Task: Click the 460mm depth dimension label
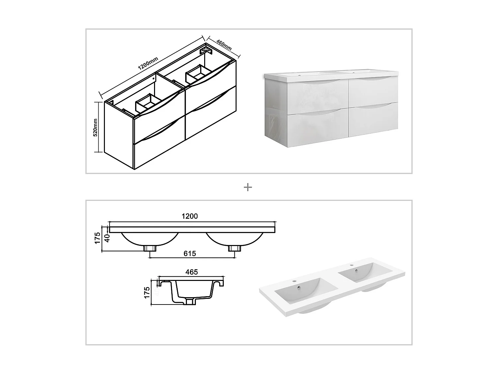coord(223,45)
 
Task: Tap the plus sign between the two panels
coord(248,187)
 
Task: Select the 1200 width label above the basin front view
coord(190,216)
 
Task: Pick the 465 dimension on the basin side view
coord(192,272)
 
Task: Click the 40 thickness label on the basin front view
coord(107,238)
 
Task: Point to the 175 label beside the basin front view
coord(97,238)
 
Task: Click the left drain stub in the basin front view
coord(150,248)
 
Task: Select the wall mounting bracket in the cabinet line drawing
coord(206,51)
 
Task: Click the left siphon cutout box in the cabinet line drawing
coord(148,103)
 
